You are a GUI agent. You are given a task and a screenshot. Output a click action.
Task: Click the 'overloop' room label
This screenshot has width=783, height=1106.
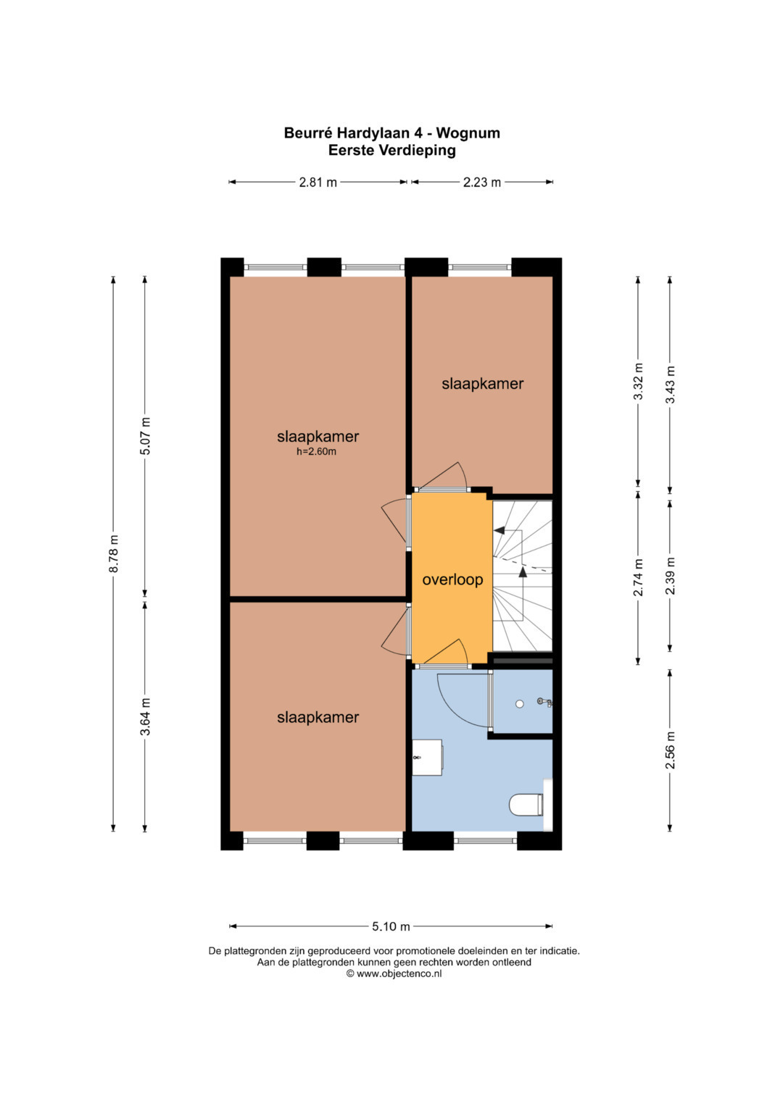[x=452, y=580]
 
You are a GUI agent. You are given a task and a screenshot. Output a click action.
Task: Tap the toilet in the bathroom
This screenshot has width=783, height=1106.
[x=526, y=804]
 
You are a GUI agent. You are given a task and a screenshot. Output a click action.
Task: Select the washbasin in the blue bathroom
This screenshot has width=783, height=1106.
[x=427, y=757]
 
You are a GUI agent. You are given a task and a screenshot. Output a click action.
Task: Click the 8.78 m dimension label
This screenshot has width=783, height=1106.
[x=114, y=553]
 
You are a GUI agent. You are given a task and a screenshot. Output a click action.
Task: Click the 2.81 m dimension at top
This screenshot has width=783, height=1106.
[x=318, y=183]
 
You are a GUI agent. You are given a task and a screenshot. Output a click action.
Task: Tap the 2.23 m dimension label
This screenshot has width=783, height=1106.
[x=482, y=183]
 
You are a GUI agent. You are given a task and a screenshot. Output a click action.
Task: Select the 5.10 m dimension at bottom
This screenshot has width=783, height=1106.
[x=391, y=926]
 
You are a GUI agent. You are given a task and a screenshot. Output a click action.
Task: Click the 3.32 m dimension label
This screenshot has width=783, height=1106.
[x=639, y=382]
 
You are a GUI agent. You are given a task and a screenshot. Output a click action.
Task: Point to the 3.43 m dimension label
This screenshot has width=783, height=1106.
[x=671, y=384]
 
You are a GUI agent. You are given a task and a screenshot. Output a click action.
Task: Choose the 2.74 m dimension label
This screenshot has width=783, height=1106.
[x=639, y=577]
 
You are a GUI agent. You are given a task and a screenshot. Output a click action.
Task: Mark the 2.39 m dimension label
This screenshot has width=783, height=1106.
[x=671, y=576]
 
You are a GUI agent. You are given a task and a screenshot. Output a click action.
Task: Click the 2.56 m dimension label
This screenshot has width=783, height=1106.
[x=671, y=750]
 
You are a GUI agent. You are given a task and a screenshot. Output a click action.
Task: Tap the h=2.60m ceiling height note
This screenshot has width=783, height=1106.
[x=316, y=451]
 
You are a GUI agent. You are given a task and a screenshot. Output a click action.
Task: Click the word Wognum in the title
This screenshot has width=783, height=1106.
[x=468, y=133]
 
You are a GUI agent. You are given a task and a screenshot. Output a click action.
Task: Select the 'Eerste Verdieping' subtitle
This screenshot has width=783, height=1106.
[x=392, y=150]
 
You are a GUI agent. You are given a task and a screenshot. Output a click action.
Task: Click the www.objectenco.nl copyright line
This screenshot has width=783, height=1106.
[x=394, y=973]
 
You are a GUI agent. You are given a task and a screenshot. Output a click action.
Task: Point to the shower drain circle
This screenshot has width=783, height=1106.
[x=519, y=703]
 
